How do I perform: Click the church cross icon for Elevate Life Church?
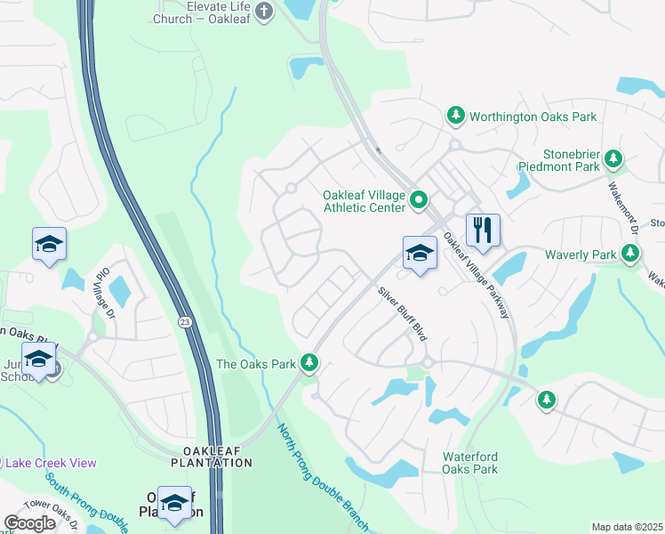(x=263, y=11)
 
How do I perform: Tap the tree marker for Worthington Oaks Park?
(x=455, y=116)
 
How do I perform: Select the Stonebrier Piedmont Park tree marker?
(x=613, y=158)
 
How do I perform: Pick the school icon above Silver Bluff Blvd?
(x=420, y=252)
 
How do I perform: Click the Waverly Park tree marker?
(x=630, y=255)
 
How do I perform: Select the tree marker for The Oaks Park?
(x=309, y=363)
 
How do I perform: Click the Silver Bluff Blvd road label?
(x=402, y=312)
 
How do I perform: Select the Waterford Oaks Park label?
(x=470, y=463)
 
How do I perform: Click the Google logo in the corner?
(x=29, y=523)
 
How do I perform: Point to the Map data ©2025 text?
(x=627, y=527)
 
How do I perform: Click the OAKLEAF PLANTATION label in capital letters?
(x=212, y=457)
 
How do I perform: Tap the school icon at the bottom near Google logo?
(x=175, y=503)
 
